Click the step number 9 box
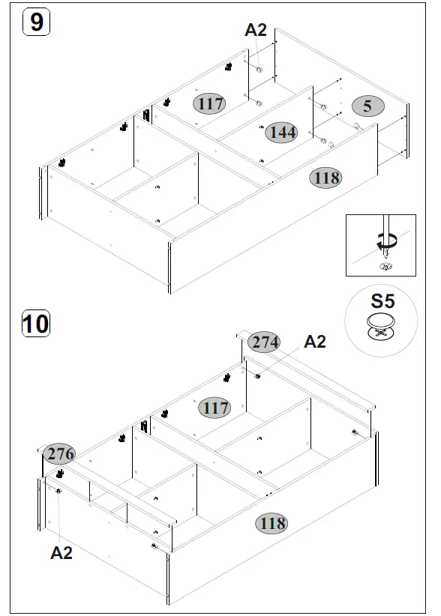(36, 22)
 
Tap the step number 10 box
(35, 324)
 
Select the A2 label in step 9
(256, 30)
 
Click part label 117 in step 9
(211, 103)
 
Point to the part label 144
(282, 133)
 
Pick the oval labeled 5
(367, 106)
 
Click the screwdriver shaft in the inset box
(384, 228)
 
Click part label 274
(265, 342)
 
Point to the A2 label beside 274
(314, 342)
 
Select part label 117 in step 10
(215, 408)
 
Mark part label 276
(60, 454)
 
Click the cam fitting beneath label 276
(58, 489)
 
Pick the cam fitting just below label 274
(258, 375)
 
